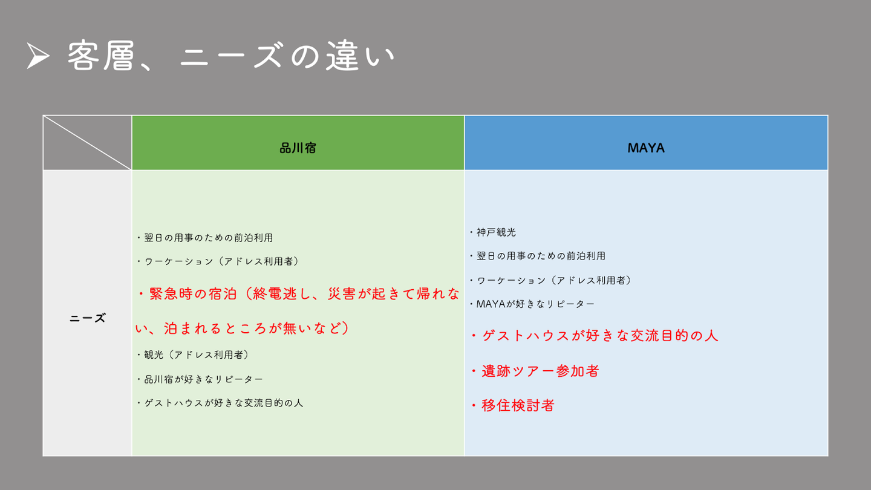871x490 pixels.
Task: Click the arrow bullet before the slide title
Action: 38,56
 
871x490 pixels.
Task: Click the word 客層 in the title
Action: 101,56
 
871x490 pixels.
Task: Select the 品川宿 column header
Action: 298,148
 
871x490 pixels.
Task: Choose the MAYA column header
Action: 646,148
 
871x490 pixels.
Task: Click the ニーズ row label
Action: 88,318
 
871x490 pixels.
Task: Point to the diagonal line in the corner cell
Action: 88,143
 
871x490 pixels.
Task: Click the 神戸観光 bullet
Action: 492,232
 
